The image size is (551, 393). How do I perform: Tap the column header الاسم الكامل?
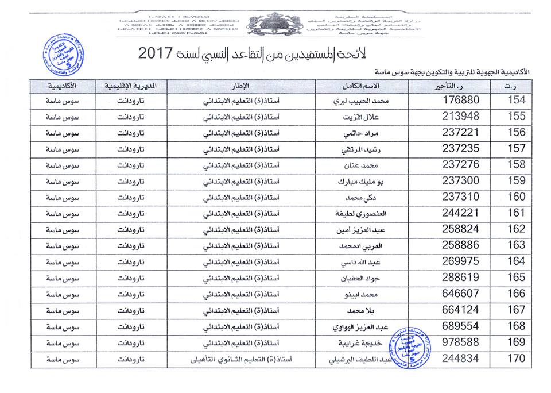point(366,86)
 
